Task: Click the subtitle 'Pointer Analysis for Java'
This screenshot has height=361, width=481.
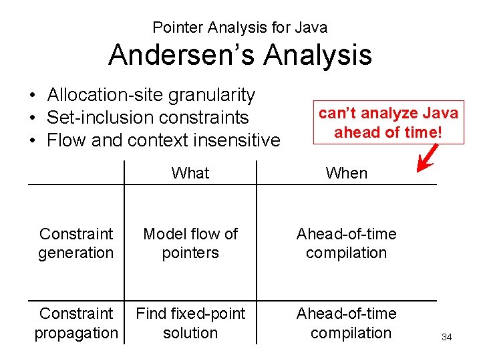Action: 240,27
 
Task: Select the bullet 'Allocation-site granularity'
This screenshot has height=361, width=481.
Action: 151,95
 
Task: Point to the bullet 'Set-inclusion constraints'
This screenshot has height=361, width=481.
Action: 147,118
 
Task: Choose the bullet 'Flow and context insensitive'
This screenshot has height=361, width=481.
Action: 164,140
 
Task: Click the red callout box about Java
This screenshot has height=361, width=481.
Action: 388,122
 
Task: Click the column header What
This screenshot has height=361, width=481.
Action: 190,173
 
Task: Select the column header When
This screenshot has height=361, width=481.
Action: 346,174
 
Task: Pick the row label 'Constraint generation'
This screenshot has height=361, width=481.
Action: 76,243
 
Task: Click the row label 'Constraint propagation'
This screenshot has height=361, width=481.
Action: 76,323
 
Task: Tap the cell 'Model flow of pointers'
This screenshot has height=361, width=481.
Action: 190,243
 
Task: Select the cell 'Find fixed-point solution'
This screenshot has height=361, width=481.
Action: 190,323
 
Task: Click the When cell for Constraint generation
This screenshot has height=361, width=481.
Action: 346,243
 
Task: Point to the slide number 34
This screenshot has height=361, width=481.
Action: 446,338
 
